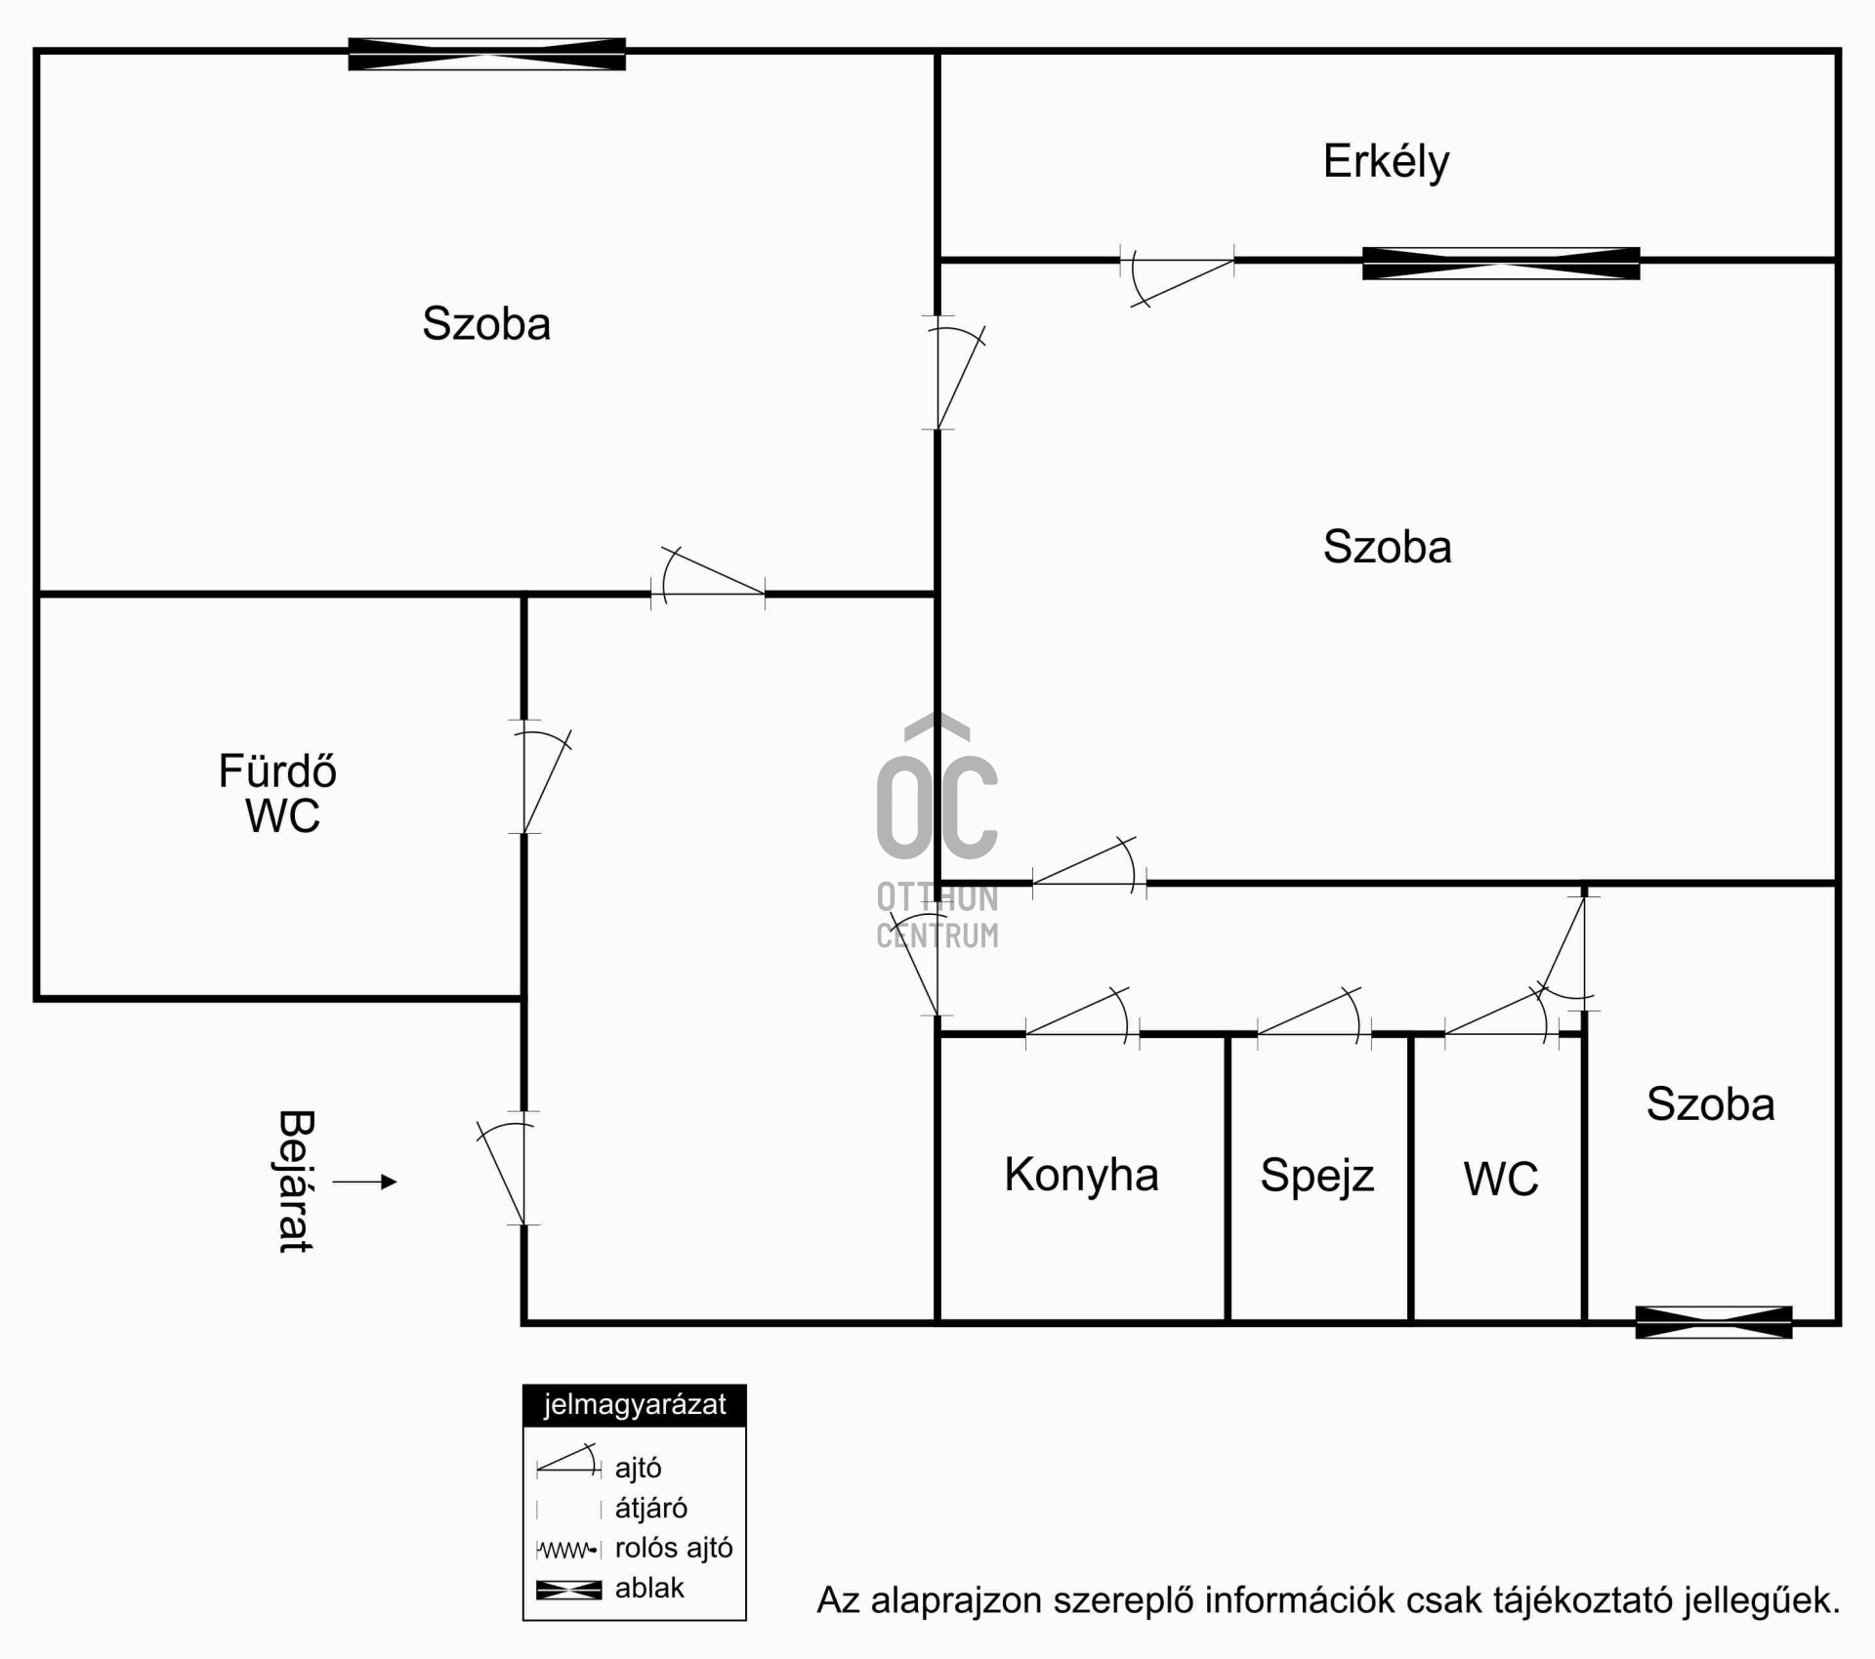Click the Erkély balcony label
click(1386, 162)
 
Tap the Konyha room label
click(1081, 1175)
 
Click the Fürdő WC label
click(279, 794)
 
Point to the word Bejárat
click(295, 1182)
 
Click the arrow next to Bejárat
click(365, 1182)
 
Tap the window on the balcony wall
click(1501, 264)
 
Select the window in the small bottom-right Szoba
click(1714, 1322)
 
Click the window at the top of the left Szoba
click(487, 54)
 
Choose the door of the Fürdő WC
click(540, 777)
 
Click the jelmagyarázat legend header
click(635, 1405)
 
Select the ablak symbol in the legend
click(569, 1591)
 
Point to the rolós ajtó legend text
click(674, 1549)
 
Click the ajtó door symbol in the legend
click(568, 1461)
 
